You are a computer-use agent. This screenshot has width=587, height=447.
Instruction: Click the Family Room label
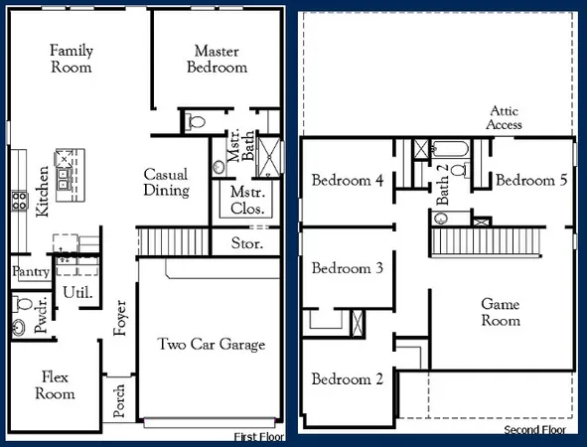point(71,59)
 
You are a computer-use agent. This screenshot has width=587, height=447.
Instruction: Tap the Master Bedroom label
point(220,59)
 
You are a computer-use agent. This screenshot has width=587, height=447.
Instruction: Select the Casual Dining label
point(166,180)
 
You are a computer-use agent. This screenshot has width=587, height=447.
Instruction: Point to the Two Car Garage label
point(212,345)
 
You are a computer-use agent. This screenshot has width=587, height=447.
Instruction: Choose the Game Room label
point(501,312)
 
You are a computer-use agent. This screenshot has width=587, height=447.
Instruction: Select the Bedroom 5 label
point(531,181)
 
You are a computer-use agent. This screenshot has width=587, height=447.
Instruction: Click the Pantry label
point(31,271)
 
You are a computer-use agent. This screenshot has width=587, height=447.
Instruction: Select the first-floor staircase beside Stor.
point(173,240)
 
